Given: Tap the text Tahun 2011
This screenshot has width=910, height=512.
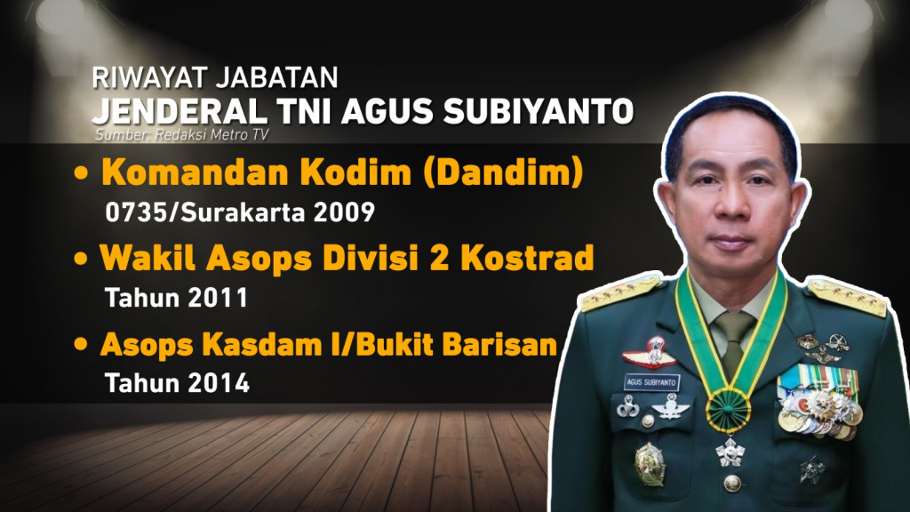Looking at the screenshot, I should pyautogui.click(x=176, y=297).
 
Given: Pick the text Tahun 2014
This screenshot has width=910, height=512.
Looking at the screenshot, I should pyautogui.click(x=177, y=383).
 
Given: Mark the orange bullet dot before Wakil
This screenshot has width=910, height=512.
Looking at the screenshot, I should pyautogui.click(x=82, y=259).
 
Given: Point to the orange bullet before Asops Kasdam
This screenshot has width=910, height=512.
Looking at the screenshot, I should pyautogui.click(x=82, y=345).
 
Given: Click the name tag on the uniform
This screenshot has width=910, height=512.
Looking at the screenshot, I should pyautogui.click(x=650, y=383).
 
